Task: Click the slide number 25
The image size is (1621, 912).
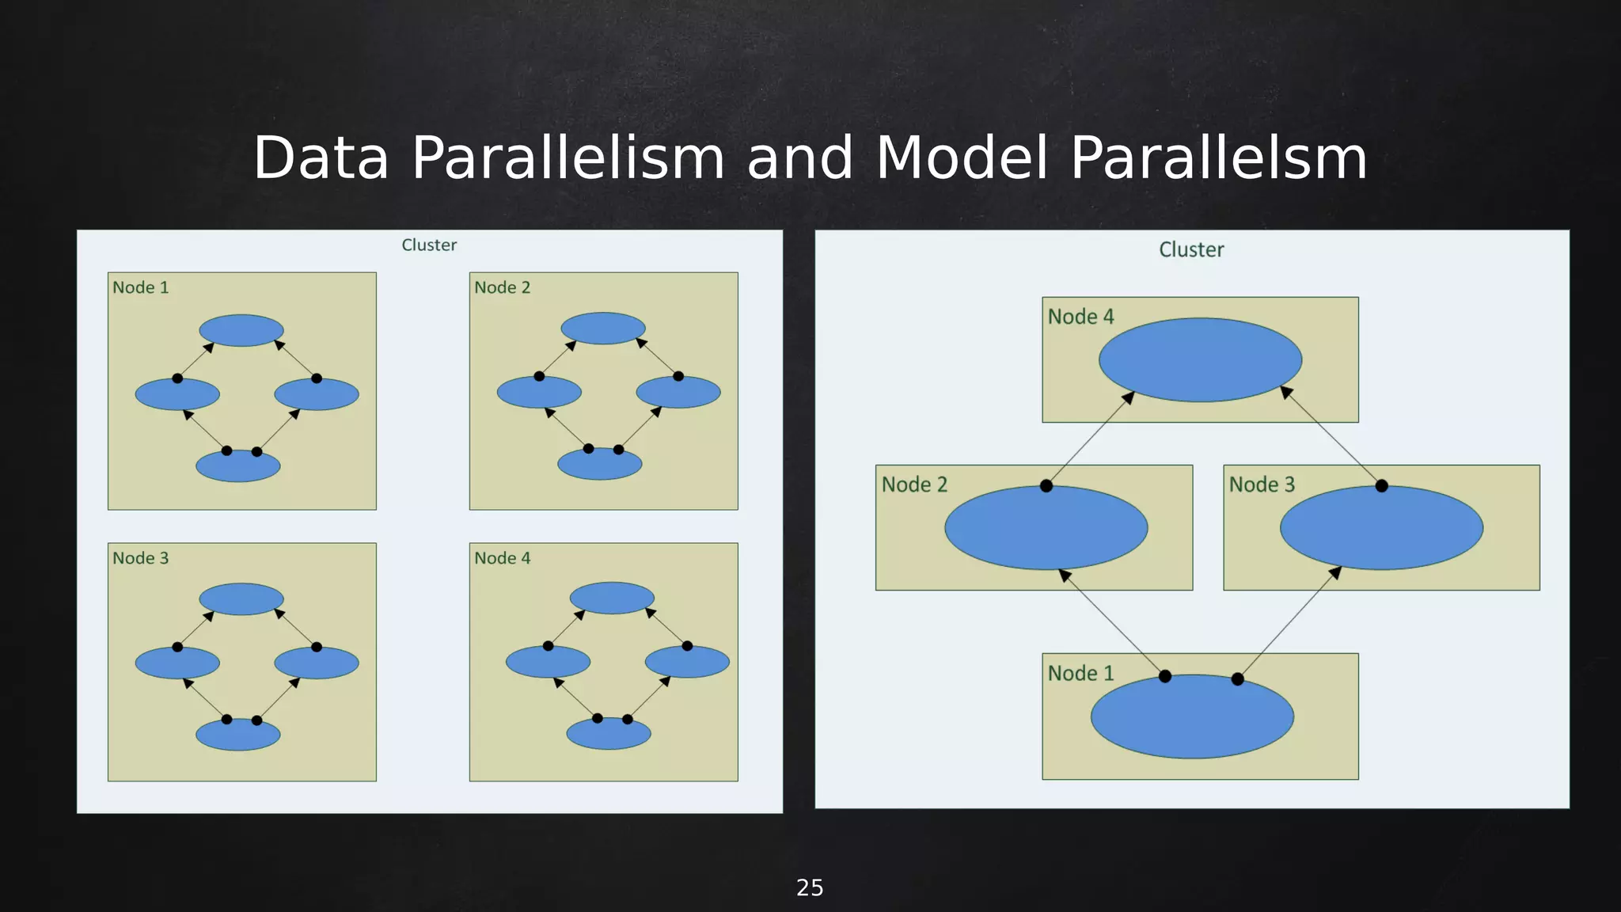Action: pyautogui.click(x=810, y=887)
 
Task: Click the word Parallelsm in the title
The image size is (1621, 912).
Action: pyautogui.click(x=1218, y=158)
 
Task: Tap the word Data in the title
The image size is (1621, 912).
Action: pyautogui.click(x=321, y=158)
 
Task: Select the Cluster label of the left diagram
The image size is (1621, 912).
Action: pyautogui.click(x=429, y=245)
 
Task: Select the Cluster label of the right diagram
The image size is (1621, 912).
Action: pyautogui.click(x=1191, y=250)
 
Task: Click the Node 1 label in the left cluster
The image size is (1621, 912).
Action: pyautogui.click(x=141, y=287)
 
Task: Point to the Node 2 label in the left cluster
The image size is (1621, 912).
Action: pyautogui.click(x=503, y=287)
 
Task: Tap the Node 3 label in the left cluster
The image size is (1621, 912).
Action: pyautogui.click(x=141, y=558)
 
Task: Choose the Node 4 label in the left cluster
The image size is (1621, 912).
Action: pyautogui.click(x=503, y=558)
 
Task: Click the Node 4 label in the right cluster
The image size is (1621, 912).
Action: pyautogui.click(x=1080, y=317)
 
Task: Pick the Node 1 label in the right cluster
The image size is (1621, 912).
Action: pyautogui.click(x=1080, y=674)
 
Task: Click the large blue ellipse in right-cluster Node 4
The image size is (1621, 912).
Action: pyautogui.click(x=1200, y=360)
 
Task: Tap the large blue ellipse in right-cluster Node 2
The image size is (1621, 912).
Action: pyautogui.click(x=1046, y=528)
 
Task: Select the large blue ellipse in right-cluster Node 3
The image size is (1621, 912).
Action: pyautogui.click(x=1381, y=528)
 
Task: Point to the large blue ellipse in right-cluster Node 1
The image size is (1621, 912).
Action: pyautogui.click(x=1192, y=716)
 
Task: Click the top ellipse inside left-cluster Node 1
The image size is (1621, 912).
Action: pyautogui.click(x=241, y=330)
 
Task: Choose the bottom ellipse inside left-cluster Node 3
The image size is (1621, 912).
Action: pyautogui.click(x=238, y=735)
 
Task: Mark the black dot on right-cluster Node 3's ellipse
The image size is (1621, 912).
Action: pyautogui.click(x=1381, y=486)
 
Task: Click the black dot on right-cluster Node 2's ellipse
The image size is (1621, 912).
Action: pyautogui.click(x=1046, y=486)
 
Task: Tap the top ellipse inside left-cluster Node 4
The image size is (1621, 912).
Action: pyautogui.click(x=612, y=598)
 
